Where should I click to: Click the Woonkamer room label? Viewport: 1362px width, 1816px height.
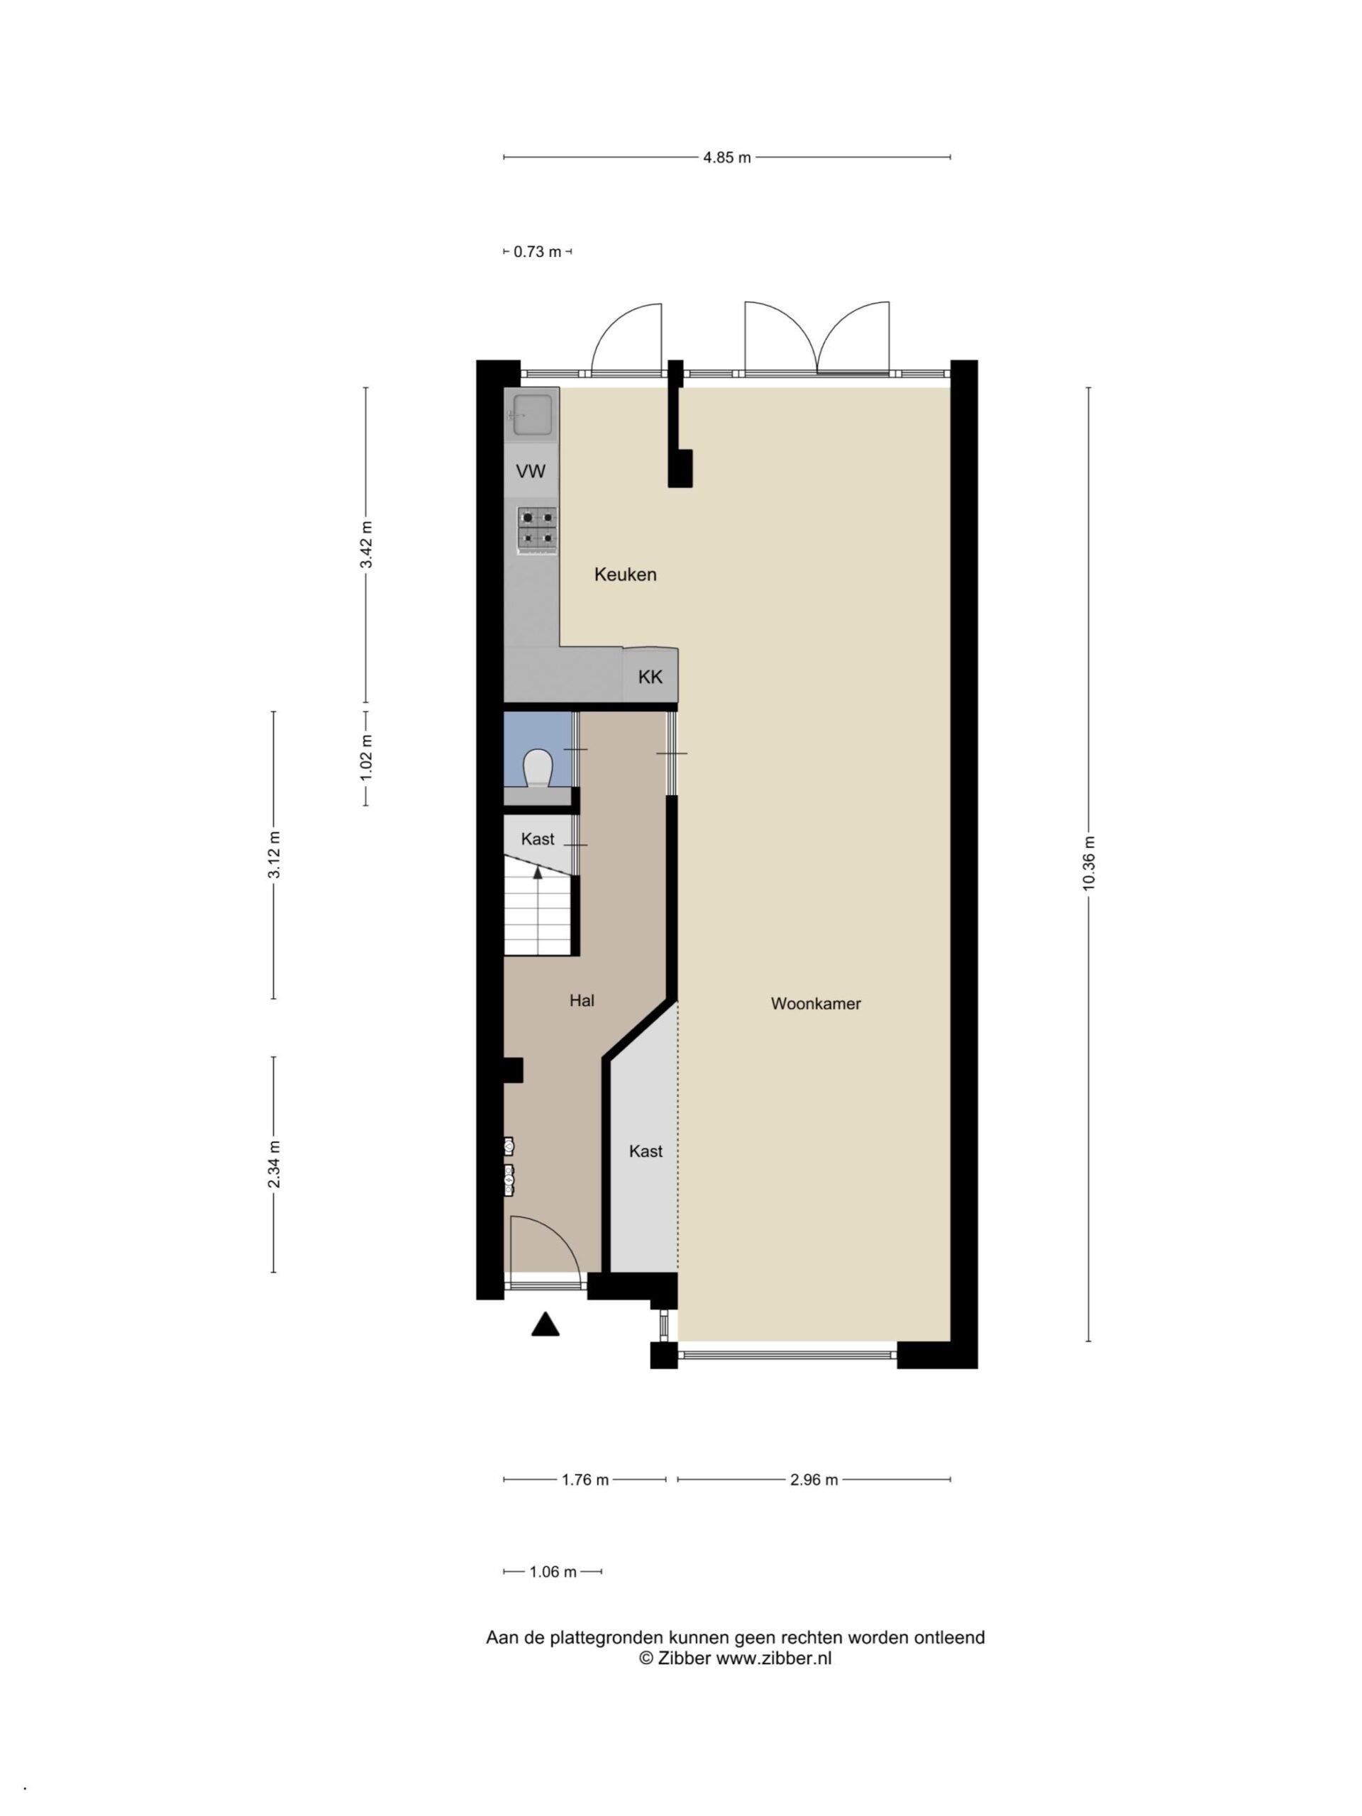(815, 1003)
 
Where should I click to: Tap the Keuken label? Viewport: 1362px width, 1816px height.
(626, 575)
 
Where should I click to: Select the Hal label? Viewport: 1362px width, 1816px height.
(582, 1000)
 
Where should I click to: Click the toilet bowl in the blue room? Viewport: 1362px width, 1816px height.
(537, 768)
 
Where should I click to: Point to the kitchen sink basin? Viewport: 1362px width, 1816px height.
(532, 414)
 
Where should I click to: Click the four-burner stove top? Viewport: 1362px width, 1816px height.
(537, 528)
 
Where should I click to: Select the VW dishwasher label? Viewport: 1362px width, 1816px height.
(531, 471)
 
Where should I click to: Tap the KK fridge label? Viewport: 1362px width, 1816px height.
(650, 677)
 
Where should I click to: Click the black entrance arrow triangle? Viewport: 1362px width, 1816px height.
(545, 1324)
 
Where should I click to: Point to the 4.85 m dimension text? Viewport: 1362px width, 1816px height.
(726, 157)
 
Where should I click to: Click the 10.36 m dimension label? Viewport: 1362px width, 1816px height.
(1089, 863)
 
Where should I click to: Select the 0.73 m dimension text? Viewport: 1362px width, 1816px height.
(538, 252)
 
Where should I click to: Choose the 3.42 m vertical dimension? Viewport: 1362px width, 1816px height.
(366, 544)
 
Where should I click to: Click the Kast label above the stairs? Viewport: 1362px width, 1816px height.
(538, 839)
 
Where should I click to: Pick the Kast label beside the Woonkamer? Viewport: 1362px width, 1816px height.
(646, 1151)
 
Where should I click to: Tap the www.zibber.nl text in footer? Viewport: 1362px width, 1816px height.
(773, 1658)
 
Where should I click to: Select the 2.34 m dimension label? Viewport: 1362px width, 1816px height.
(275, 1164)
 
